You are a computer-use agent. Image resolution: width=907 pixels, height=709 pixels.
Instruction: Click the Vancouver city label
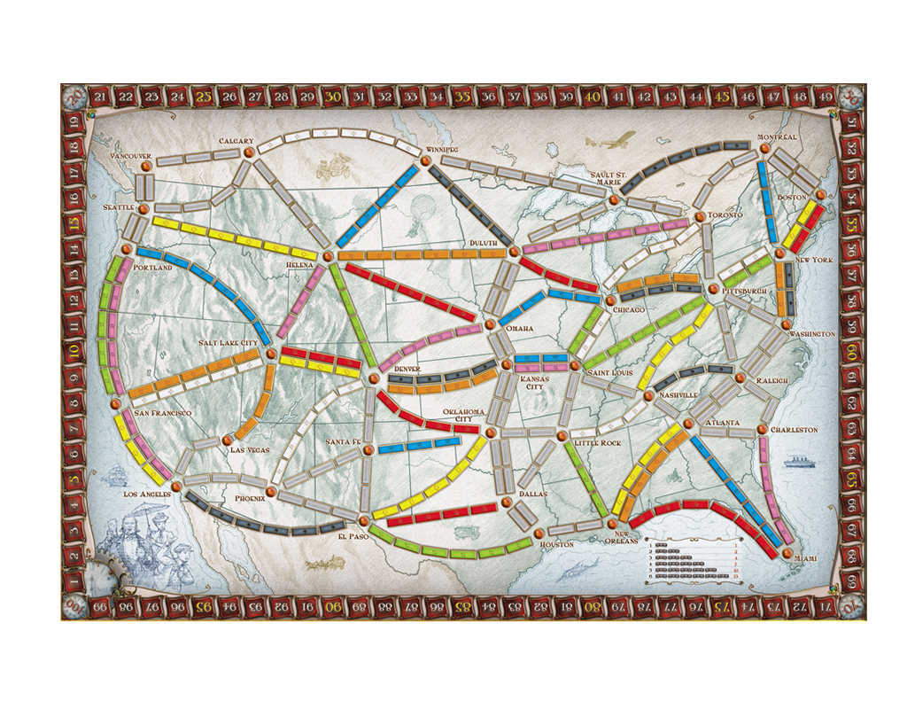point(131,156)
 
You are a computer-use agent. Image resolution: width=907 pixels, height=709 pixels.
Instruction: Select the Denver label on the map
point(394,369)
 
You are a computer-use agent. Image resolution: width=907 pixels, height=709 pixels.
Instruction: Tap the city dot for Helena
point(329,255)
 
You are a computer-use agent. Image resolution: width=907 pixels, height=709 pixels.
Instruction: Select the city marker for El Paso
point(364,520)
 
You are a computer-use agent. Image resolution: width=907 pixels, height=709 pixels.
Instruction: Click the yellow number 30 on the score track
point(334,96)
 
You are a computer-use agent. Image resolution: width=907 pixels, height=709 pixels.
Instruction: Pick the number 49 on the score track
point(825,96)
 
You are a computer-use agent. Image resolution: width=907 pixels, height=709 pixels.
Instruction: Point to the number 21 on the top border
point(100,96)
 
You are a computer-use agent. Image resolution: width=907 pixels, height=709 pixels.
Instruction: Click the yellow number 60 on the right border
point(851,352)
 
